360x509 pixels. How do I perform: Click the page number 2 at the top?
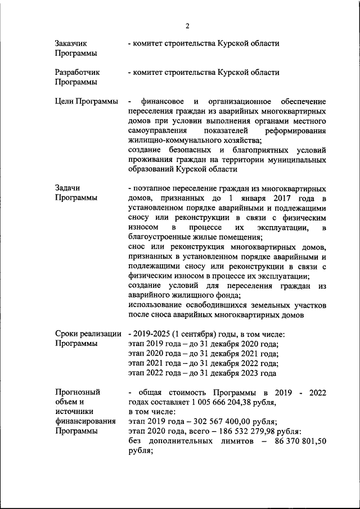[x=188, y=26]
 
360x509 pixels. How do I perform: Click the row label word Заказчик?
[x=71, y=43]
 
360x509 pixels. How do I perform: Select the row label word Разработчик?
[x=77, y=73]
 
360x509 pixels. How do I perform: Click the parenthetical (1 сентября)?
[x=195, y=334]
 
